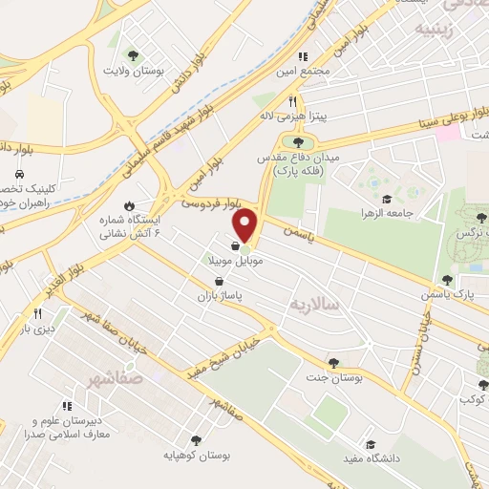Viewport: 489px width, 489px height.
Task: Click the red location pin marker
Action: click(x=247, y=225)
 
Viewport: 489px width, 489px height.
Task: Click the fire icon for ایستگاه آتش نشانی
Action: click(x=130, y=204)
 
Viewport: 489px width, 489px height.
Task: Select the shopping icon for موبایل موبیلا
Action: click(x=235, y=245)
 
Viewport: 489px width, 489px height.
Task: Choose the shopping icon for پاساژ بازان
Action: click(x=221, y=281)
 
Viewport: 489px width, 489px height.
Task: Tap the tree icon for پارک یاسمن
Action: click(x=447, y=280)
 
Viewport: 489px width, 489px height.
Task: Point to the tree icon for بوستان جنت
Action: click(x=333, y=361)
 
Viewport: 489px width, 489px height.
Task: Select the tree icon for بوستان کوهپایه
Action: click(x=196, y=440)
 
